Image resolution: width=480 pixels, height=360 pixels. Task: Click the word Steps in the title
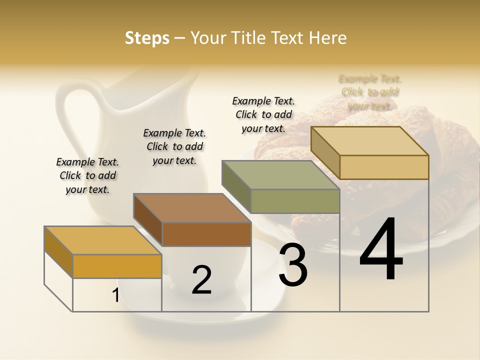tap(147, 38)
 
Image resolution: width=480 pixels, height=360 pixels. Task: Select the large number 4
tap(381, 250)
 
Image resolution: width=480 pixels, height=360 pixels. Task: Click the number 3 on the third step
tap(293, 265)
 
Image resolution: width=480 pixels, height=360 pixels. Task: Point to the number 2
tap(201, 280)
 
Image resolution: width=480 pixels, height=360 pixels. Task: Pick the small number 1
tap(115, 295)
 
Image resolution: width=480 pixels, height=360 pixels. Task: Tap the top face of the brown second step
tap(192, 207)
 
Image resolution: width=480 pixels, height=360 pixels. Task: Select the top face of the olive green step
tap(280, 175)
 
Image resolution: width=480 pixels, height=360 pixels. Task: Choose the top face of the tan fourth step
tap(369, 141)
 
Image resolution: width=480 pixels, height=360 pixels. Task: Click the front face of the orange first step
tap(117, 266)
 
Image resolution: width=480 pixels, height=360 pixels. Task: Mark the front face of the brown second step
tap(206, 234)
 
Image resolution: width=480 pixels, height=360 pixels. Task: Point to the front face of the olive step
tap(295, 201)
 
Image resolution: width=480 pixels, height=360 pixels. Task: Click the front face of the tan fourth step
tap(384, 167)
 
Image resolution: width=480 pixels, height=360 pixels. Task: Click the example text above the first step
tap(87, 175)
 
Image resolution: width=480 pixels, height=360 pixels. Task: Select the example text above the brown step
tap(174, 146)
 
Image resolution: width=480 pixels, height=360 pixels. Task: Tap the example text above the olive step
tap(263, 114)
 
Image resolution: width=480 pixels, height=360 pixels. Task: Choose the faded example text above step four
tap(370, 92)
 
